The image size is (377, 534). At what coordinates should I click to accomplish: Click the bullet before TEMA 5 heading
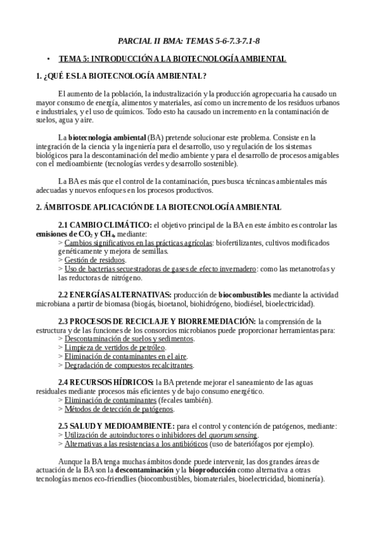(48, 59)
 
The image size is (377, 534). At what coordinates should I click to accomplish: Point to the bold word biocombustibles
(245, 294)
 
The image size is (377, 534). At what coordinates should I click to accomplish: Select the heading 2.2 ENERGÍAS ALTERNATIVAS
(115, 294)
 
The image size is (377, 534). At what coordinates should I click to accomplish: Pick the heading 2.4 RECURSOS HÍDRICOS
(106, 382)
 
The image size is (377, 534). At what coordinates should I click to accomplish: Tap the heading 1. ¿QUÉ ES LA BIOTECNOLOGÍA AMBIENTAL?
(120, 77)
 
